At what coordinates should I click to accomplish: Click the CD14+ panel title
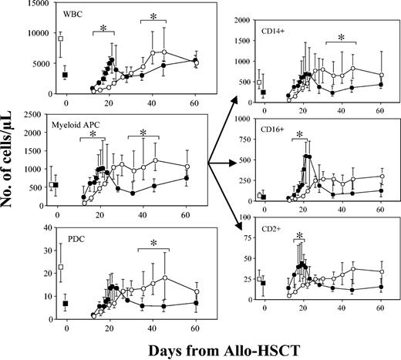click(x=278, y=30)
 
